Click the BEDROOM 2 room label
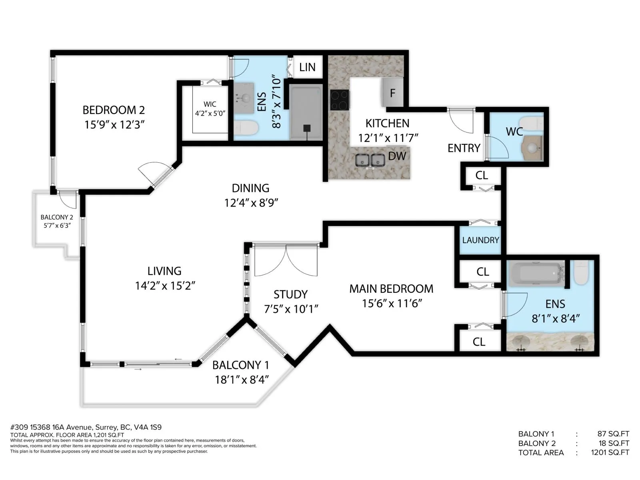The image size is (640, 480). click(114, 110)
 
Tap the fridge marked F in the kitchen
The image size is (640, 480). click(392, 93)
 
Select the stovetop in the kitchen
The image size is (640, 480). click(339, 100)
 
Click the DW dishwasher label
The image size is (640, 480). click(397, 156)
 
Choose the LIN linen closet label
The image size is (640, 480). click(307, 67)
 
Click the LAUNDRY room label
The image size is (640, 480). click(480, 240)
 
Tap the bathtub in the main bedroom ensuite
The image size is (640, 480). click(535, 274)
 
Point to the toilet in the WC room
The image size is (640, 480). click(532, 123)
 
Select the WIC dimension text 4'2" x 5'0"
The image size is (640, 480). click(210, 113)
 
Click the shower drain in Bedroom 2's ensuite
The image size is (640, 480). click(307, 128)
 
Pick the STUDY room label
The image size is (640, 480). click(290, 294)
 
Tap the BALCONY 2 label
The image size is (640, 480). click(56, 217)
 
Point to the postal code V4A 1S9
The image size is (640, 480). click(148, 427)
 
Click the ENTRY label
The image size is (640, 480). click(464, 148)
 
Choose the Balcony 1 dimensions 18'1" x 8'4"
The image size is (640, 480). click(242, 380)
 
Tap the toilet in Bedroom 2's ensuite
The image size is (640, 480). click(246, 128)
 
